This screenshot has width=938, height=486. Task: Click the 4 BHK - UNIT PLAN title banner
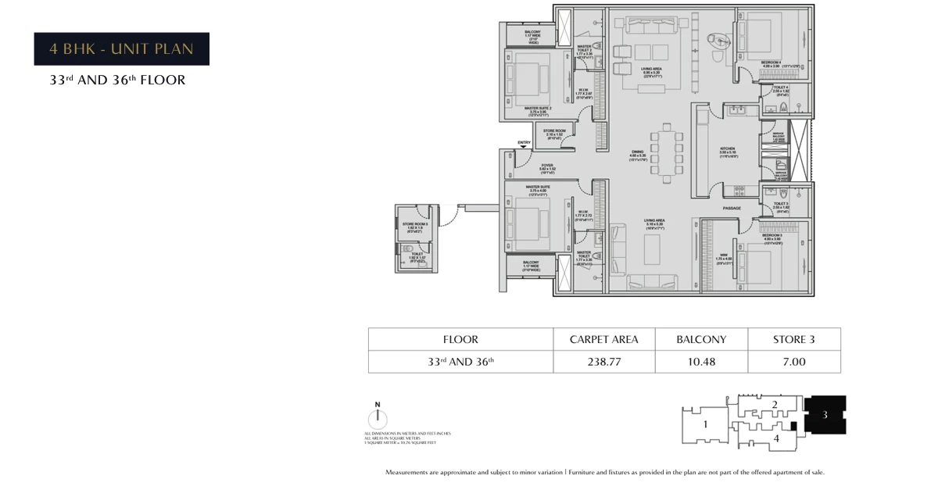click(121, 49)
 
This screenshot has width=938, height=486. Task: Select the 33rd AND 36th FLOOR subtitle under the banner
click(117, 80)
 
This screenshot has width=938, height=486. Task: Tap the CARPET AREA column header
click(604, 339)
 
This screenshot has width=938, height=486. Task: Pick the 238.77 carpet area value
click(604, 362)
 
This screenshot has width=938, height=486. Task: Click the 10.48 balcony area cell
click(701, 362)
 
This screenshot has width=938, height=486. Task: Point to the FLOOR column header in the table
click(460, 339)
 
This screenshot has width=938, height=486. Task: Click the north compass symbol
click(378, 416)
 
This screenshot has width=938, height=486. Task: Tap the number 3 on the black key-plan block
click(825, 415)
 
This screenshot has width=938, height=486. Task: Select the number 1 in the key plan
click(704, 425)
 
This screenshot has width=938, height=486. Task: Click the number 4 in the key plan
click(775, 439)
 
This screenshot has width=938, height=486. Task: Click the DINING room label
click(638, 152)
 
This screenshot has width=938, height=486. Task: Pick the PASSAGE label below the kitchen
click(731, 209)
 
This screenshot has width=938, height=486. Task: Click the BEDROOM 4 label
click(772, 62)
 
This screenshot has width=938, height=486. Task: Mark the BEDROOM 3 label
click(772, 235)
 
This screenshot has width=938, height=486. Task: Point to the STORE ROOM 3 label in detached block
click(414, 224)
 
